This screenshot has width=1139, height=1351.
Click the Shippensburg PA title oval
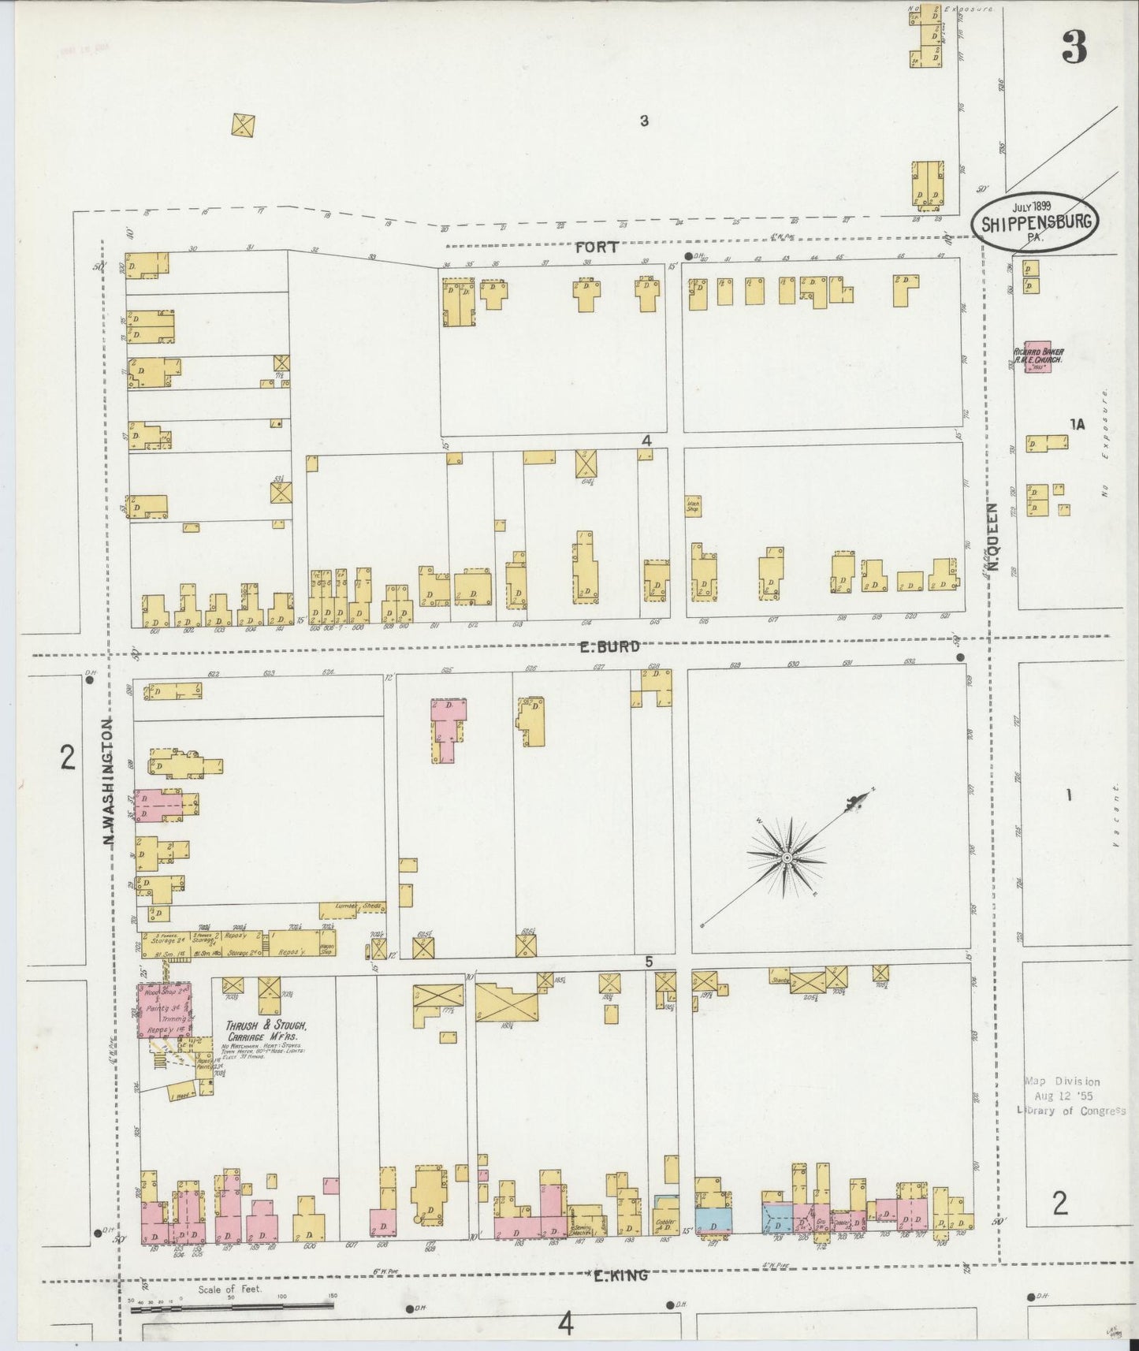1037,222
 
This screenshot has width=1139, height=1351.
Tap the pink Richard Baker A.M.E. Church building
1037,356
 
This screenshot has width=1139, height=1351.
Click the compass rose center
787,856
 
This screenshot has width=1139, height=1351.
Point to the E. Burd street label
608,647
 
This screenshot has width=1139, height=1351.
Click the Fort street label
597,247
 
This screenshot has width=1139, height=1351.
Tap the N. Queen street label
994,538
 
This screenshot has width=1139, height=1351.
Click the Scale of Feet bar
232,1306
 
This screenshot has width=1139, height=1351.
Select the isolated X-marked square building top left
244,124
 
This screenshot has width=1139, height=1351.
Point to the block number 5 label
649,962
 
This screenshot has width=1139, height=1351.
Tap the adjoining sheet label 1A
1077,425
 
